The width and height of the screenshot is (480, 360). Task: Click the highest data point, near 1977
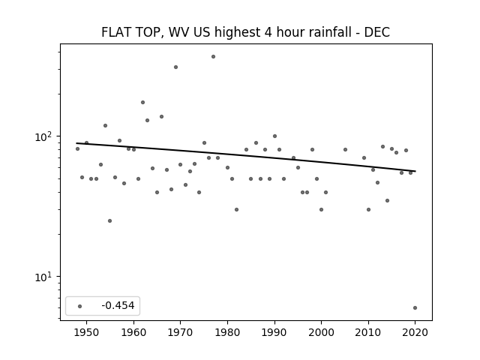click(213, 57)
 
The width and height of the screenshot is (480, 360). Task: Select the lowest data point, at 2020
click(415, 308)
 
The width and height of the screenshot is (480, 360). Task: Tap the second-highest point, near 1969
click(175, 67)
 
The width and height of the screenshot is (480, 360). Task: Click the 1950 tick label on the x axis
click(87, 332)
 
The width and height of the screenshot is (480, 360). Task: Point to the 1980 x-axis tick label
click(227, 332)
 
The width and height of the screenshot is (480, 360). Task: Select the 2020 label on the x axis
click(415, 332)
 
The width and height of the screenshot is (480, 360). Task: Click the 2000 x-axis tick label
click(321, 332)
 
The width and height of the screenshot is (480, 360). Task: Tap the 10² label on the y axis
click(43, 136)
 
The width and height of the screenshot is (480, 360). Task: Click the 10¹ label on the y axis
click(43, 277)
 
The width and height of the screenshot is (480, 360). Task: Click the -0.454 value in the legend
click(118, 305)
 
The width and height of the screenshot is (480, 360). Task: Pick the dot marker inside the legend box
click(80, 306)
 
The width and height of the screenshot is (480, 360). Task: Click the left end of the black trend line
click(76, 143)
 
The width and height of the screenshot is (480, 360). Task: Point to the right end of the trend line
click(415, 171)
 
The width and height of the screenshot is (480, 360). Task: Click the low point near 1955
click(110, 220)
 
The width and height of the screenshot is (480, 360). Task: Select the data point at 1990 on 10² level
click(274, 136)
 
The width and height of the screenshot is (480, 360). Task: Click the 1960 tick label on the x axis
click(133, 332)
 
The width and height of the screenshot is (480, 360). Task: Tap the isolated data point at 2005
click(345, 150)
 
